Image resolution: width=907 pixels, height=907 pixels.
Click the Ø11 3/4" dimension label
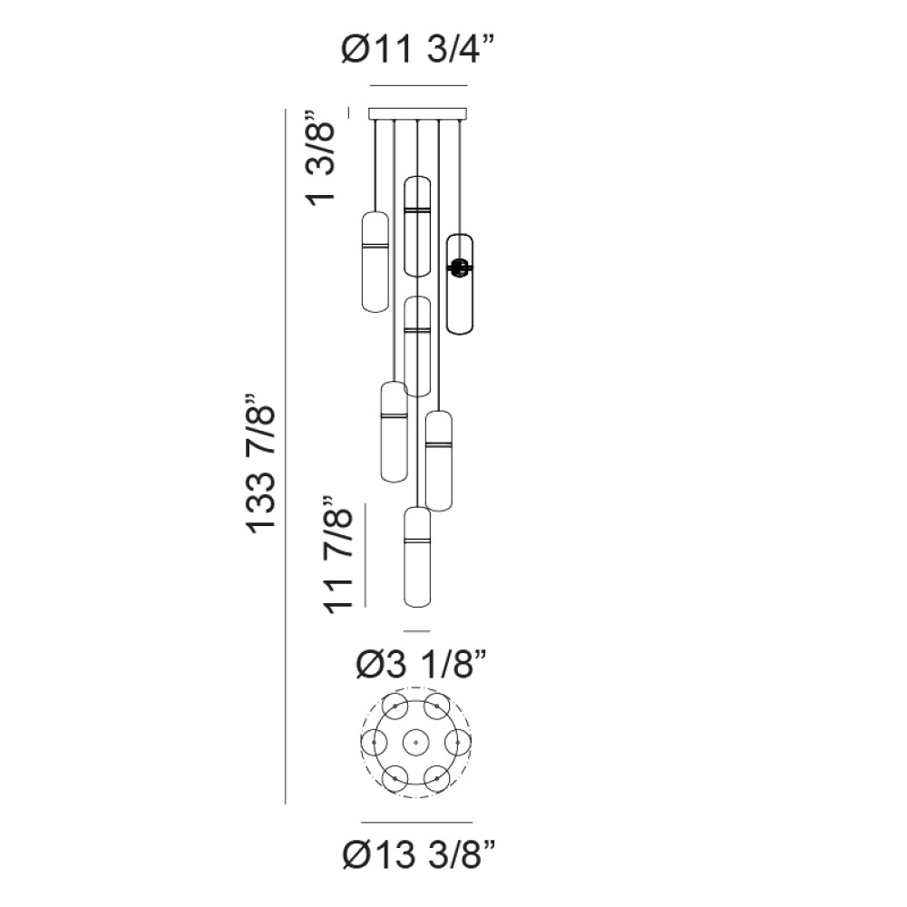point(417,49)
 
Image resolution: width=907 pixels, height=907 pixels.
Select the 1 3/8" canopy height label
point(321,157)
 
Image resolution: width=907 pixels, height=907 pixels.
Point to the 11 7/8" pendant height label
point(337,554)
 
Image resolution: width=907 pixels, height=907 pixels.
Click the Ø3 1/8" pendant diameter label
point(421,664)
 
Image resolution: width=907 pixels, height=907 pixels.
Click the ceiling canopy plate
point(417,113)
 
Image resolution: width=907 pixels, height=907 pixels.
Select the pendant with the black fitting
point(460,284)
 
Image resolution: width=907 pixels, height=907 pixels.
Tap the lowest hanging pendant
point(417,557)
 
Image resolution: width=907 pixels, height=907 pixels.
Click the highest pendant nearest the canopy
point(417,226)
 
